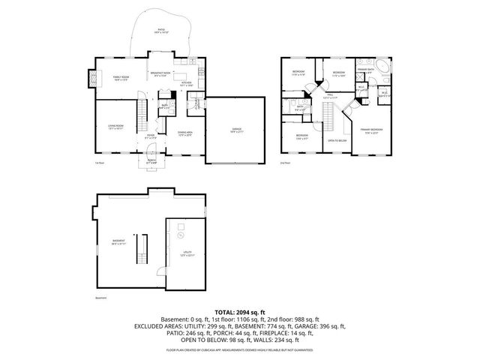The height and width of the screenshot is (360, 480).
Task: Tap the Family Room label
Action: (x=121, y=78)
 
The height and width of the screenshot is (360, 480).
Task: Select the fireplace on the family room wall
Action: (x=93, y=76)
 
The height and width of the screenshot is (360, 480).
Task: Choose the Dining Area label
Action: (x=184, y=133)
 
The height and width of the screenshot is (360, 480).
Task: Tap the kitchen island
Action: (x=183, y=76)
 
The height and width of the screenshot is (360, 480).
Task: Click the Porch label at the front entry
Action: (x=151, y=162)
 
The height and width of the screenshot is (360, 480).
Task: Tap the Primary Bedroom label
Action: (x=370, y=130)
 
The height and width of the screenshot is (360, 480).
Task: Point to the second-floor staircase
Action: (x=328, y=116)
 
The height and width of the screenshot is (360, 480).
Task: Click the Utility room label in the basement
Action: (x=187, y=253)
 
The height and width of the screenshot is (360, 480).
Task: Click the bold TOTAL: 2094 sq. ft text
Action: (x=239, y=310)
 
